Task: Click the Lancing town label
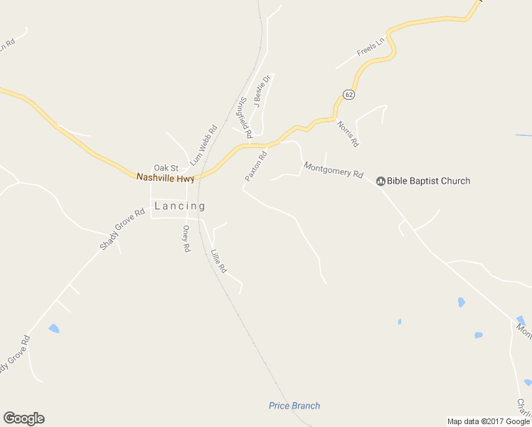[180, 206]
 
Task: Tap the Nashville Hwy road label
[165, 176]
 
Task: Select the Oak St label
[166, 168]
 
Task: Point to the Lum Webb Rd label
[203, 146]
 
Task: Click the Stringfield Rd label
[245, 117]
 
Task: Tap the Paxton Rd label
[255, 166]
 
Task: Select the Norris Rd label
[348, 134]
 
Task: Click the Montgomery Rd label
[334, 170]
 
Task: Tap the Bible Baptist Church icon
[381, 181]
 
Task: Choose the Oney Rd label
[186, 239]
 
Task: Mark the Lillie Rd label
[218, 260]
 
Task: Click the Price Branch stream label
[294, 406]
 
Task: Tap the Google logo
[23, 418]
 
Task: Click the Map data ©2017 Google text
[489, 421]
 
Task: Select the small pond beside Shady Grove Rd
[54, 329]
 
